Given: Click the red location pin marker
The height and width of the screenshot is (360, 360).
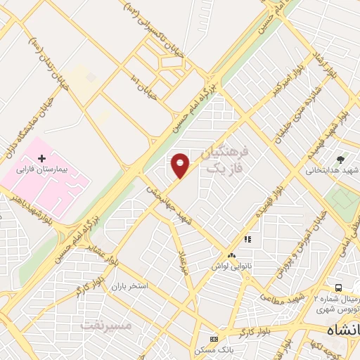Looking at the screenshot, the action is [x=181, y=165].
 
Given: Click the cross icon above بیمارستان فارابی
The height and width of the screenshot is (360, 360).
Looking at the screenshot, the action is [x=41, y=157].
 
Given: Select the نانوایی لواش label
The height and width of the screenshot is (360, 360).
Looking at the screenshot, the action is [x=231, y=267].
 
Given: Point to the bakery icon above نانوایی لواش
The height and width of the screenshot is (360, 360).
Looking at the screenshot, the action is [x=232, y=255].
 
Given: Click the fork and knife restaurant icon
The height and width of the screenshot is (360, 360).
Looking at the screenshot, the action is [x=247, y=240].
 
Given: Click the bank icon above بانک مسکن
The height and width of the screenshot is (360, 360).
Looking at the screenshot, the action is [x=214, y=339].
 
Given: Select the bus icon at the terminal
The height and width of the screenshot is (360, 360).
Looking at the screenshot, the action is [x=338, y=287].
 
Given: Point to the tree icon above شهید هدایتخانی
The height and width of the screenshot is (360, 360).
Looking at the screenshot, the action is [x=341, y=159].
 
